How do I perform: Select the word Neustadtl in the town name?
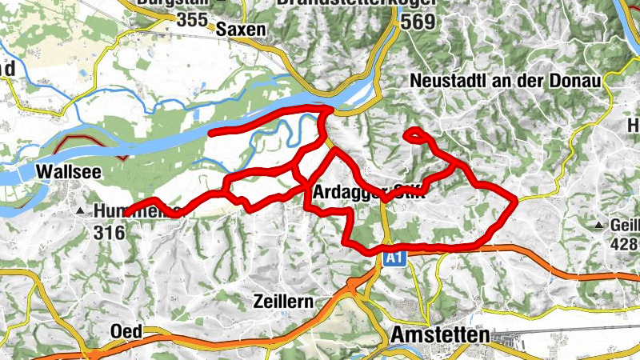click(446, 81)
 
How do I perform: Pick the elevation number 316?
click(109, 233)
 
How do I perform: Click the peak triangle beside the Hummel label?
click(81, 212)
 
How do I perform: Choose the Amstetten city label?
click(439, 335)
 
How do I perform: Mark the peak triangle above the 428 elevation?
click(599, 226)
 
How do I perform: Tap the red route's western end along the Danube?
click(211, 132)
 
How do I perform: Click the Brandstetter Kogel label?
click(357, 3)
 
